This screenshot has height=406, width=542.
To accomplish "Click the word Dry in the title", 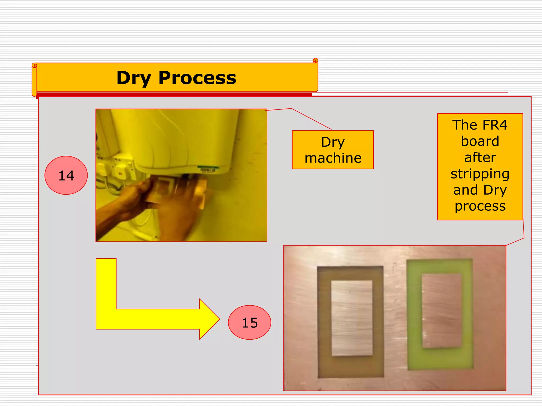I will coord(134,78).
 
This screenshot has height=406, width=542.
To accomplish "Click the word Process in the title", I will coord(197,78).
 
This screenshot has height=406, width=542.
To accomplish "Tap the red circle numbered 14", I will coord(66,176).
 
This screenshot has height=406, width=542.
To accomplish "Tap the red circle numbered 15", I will coord(250,323).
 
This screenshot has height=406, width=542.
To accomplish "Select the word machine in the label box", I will coord(333,158).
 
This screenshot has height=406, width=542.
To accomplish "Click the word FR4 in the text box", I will coord(494,125).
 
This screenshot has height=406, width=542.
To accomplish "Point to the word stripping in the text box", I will coord(480,174).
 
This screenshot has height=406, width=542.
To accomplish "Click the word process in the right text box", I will coord(480,206).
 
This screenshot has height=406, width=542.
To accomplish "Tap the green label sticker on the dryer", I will coord(208,168).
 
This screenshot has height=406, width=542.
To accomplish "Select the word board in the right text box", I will coord(480,141).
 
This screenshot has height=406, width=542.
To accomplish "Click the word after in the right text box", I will coord(480,158).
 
